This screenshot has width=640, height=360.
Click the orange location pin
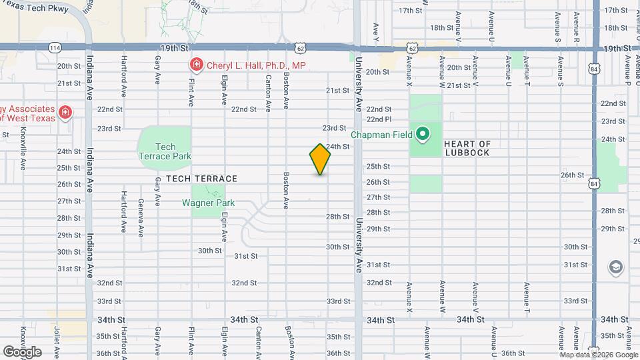[320, 159]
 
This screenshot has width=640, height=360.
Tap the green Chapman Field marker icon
[422, 134]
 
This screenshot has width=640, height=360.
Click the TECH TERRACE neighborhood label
[201, 179]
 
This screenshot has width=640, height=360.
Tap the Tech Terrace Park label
[165, 151]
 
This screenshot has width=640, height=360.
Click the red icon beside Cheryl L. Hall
[197, 65]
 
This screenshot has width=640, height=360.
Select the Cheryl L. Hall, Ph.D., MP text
[256, 65]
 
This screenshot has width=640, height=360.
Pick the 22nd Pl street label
[378, 119]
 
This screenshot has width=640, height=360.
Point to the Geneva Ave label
[141, 218]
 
